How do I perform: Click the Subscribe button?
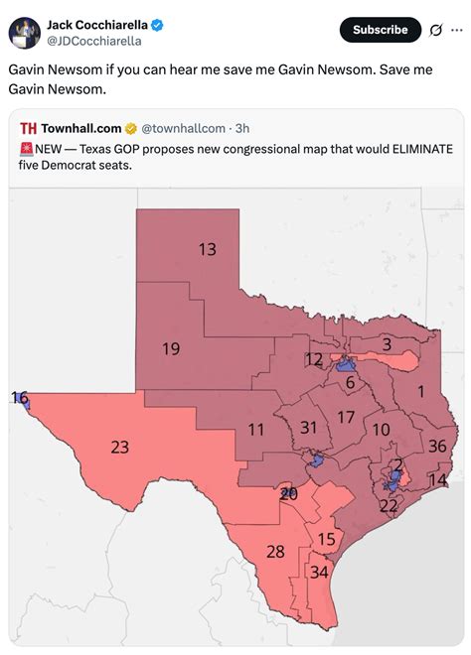(x=380, y=30)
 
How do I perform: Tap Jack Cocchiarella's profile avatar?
(x=25, y=32)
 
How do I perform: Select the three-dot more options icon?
(x=456, y=30)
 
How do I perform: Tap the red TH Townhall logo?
(x=28, y=128)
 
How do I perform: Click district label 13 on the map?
(x=207, y=249)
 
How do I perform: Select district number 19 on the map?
(x=171, y=348)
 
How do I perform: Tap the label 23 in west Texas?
(x=119, y=448)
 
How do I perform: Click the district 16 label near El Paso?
(x=19, y=397)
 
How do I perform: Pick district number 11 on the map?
(x=256, y=430)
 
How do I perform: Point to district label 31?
(x=308, y=427)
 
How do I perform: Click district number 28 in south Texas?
(x=275, y=552)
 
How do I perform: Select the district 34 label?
(x=319, y=572)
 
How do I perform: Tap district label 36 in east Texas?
(x=437, y=446)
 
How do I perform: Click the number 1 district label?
(x=420, y=391)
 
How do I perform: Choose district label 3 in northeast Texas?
(x=387, y=344)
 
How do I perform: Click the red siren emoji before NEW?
(x=26, y=148)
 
